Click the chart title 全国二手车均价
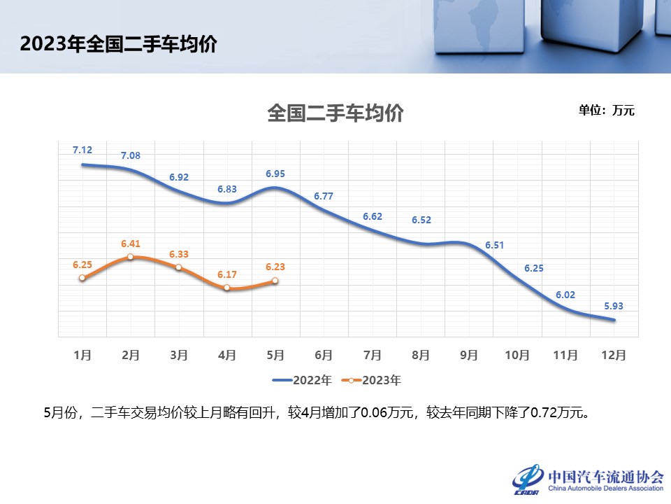(x=335, y=113)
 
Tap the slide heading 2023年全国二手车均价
(x=118, y=44)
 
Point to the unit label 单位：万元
(x=606, y=110)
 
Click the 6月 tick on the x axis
(x=324, y=355)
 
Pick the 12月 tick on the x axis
(x=612, y=355)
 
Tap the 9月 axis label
(x=468, y=355)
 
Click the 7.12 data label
(x=82, y=150)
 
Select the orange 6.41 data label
(x=131, y=244)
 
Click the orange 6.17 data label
(x=227, y=274)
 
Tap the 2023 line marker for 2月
(x=131, y=257)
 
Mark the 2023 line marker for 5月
(x=275, y=281)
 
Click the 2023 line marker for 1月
(x=82, y=278)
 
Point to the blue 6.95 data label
(x=275, y=174)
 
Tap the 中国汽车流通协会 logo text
(x=606, y=476)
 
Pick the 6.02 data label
(x=565, y=295)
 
